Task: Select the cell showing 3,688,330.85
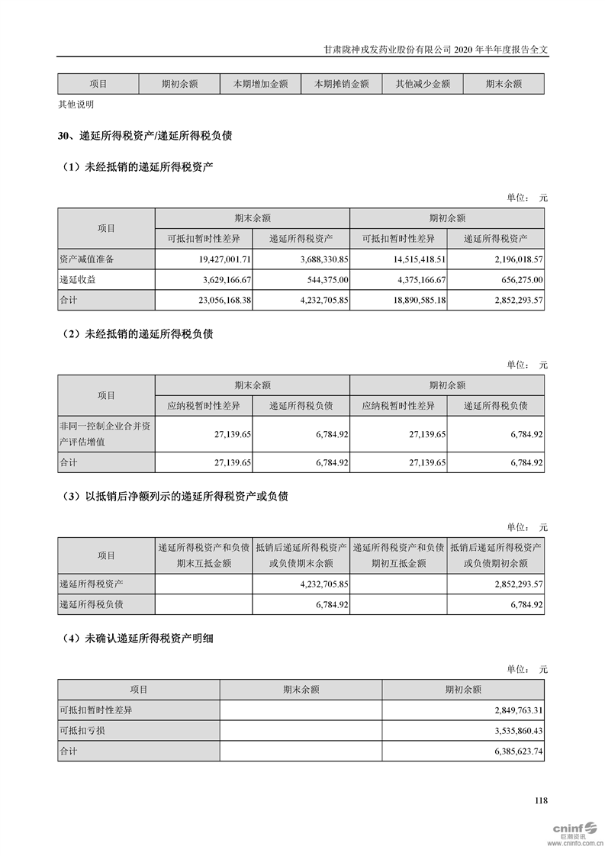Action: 317,259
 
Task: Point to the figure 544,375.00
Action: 325,280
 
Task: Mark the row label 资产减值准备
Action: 87,259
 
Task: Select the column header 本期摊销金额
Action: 342,84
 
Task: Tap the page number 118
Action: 541,800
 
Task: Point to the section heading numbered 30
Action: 145,137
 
